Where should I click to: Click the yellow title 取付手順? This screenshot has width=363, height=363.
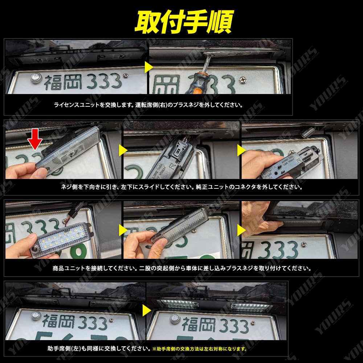[x=183, y=22]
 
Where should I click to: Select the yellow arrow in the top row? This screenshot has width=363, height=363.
[x=148, y=67]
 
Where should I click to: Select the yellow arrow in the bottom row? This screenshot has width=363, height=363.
[x=146, y=310]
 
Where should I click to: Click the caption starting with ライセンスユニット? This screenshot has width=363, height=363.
[x=148, y=105]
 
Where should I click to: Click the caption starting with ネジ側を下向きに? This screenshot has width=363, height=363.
[x=181, y=187]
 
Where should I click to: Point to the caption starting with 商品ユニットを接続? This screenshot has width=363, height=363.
[x=181, y=269]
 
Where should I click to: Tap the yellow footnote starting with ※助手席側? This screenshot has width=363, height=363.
[x=199, y=349]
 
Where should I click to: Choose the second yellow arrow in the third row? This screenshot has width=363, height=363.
[x=241, y=229]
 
